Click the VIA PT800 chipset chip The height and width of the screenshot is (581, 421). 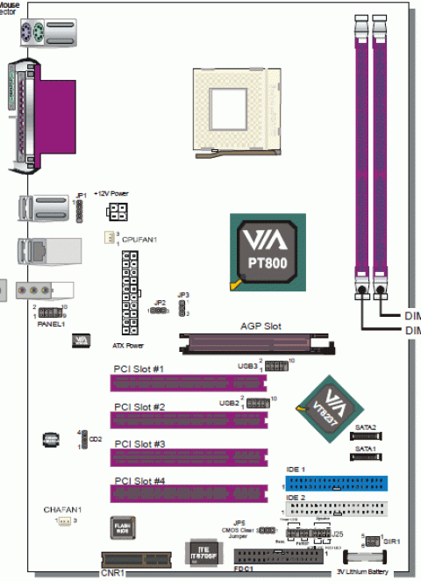268,251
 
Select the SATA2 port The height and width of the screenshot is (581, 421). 366,436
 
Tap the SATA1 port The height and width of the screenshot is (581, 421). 366,457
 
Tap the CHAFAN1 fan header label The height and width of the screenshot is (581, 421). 62,509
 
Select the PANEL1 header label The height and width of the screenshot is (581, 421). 49,323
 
